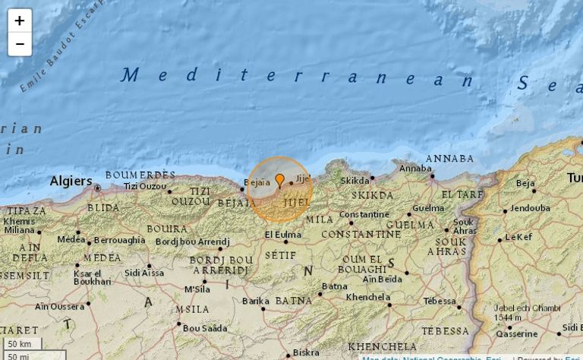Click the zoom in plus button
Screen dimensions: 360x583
20,21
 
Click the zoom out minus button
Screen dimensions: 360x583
20,44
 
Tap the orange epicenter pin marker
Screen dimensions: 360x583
279,180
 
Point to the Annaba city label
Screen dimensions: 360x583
415,169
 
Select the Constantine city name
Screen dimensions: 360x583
364,215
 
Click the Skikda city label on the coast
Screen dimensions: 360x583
355,181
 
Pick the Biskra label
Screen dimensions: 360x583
306,352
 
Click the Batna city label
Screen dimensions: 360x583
334,286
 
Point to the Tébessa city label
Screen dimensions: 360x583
440,302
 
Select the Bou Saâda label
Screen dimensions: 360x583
205,328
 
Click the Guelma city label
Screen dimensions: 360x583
428,208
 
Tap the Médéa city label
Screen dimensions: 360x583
71,239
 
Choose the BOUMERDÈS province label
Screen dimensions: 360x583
140,175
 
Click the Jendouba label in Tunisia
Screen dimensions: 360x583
530,208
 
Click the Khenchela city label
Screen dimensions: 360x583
367,297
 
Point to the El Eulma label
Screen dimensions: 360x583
282,235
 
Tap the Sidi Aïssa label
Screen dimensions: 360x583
144,272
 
